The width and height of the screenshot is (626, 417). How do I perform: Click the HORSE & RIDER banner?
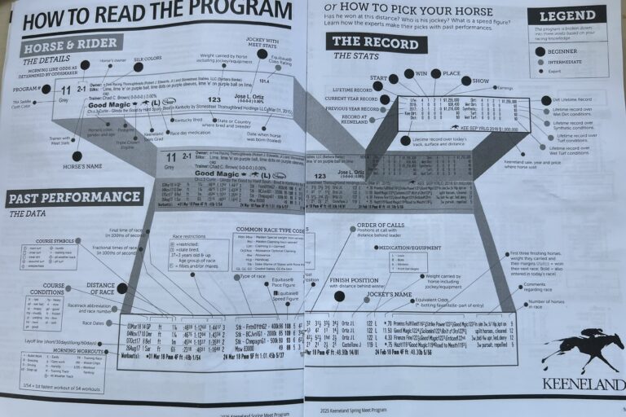(70, 45)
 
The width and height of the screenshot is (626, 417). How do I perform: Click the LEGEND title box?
(566, 15)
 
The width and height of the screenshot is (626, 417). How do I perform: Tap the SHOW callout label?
(479, 81)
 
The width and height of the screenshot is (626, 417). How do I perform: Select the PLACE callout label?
(451, 73)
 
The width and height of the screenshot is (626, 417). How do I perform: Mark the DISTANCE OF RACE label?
(100, 288)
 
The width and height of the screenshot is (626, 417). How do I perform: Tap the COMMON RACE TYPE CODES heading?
(269, 230)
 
